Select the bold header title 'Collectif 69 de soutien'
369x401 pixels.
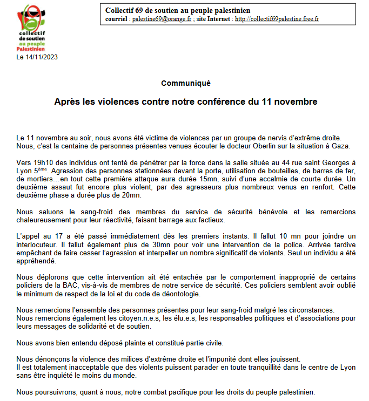pyautogui.click(x=178, y=10)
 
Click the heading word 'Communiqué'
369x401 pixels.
pyautogui.click(x=185, y=83)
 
